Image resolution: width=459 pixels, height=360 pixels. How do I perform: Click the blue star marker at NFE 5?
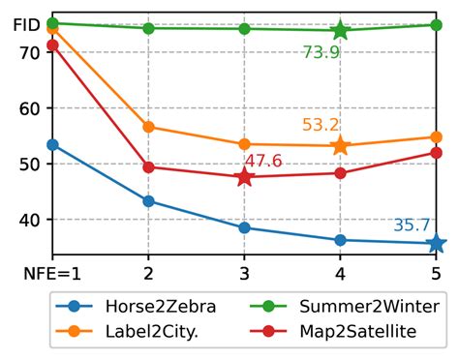436,244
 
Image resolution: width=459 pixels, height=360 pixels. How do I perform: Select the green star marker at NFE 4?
340,30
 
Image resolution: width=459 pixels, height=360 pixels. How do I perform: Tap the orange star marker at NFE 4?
340,146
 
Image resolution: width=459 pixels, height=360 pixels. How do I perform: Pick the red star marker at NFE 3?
244,177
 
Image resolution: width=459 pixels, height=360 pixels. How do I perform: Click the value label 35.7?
412,225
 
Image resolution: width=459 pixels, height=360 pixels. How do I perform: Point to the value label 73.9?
321,52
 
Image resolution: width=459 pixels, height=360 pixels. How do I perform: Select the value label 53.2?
321,125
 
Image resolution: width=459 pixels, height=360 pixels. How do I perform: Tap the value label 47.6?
263,161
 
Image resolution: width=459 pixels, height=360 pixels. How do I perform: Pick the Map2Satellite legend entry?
350,332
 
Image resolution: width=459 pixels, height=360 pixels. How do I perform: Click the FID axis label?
28,25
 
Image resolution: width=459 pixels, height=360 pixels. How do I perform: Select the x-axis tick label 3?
244,274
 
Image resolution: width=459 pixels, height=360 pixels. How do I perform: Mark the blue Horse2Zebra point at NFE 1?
52,145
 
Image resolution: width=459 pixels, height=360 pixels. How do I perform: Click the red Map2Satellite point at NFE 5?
436,153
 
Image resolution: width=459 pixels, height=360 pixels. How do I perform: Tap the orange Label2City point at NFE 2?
148,127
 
